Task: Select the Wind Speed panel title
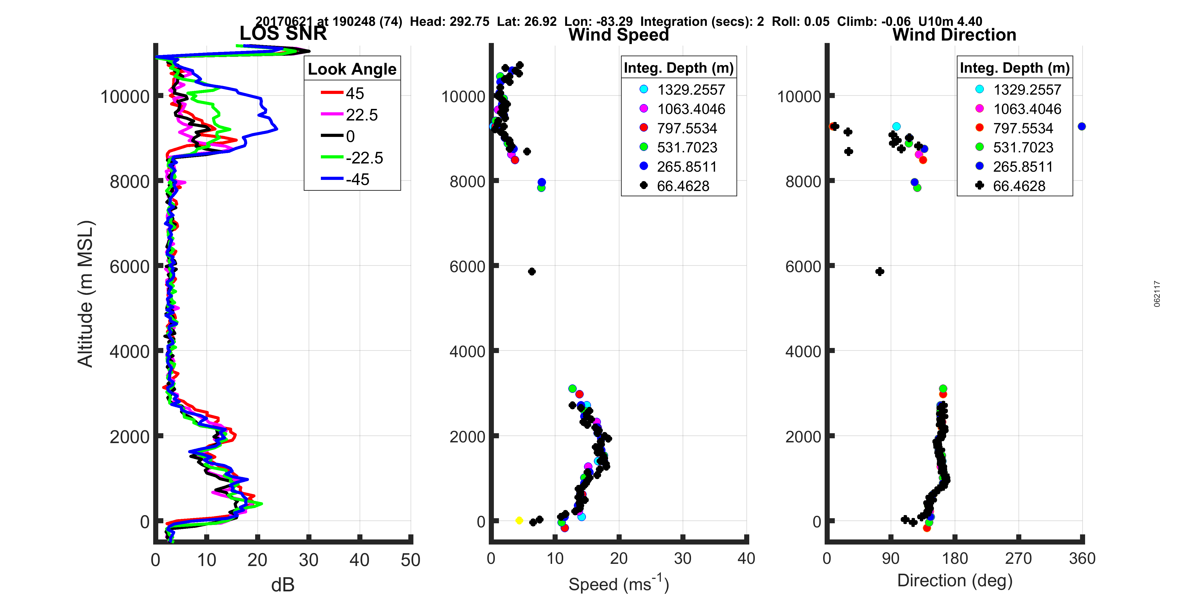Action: [619, 35]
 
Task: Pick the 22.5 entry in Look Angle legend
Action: [361, 115]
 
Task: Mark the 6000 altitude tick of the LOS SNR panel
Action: [130, 266]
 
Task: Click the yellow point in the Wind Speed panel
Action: [519, 520]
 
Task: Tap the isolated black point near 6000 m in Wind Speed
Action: [532, 272]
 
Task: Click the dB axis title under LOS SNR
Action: [283, 585]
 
